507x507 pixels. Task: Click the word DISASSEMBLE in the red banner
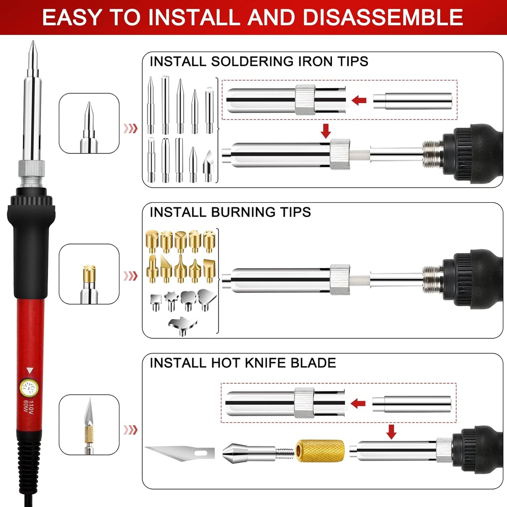point(382,18)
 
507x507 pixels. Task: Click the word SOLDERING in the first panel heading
point(252,62)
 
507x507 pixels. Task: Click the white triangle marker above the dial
point(30,371)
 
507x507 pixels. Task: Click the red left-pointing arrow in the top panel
point(359,101)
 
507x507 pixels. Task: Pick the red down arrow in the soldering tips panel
point(326,131)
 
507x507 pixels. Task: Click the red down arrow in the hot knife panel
point(391,432)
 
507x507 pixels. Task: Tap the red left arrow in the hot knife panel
point(358,403)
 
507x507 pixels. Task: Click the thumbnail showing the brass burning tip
point(89,274)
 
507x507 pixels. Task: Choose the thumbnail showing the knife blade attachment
point(89,425)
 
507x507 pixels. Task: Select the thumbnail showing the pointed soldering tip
point(89,123)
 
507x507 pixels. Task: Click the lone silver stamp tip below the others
point(182,326)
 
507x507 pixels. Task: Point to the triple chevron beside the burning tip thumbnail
point(131,276)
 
